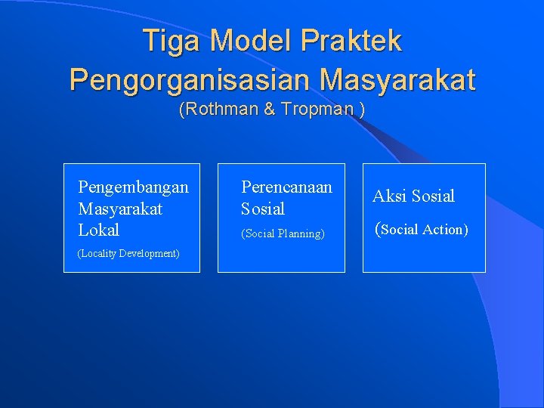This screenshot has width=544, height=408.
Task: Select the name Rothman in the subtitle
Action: tap(220, 110)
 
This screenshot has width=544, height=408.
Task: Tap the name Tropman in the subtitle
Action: tap(317, 110)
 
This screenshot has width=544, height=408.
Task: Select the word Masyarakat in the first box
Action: tap(120, 209)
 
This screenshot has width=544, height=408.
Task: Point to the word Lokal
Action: tap(99, 230)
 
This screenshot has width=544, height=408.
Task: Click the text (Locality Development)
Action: tap(128, 253)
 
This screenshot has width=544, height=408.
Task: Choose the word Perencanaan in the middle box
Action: tap(286, 187)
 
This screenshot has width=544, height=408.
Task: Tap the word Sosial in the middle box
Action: tap(263, 209)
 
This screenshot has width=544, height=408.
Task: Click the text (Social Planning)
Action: tap(283, 234)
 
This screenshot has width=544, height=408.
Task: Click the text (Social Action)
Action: tap(422, 230)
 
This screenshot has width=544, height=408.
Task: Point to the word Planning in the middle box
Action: tap(300, 234)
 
